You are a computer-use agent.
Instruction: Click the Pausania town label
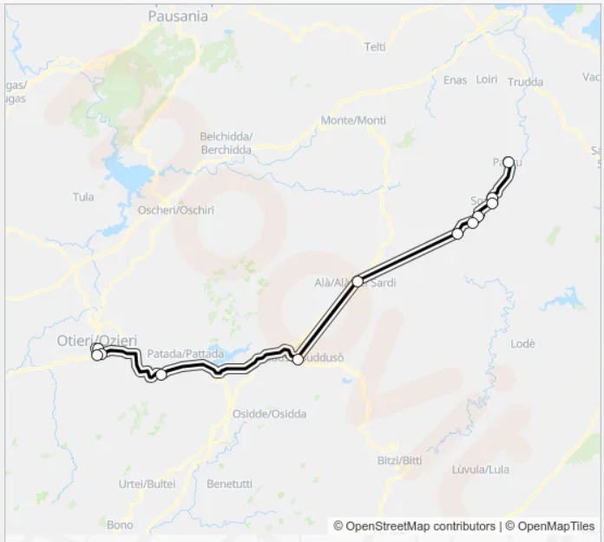(x=178, y=16)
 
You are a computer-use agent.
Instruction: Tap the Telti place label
(x=375, y=47)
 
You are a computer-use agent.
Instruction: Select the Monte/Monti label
(x=353, y=120)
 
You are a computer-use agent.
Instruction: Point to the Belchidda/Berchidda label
(x=226, y=143)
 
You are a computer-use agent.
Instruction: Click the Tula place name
(x=83, y=197)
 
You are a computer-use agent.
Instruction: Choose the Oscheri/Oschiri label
(x=176, y=210)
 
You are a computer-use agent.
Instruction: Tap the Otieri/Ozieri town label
(x=96, y=340)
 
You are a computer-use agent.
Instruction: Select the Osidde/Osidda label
(x=269, y=414)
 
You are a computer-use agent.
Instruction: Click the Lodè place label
(x=523, y=343)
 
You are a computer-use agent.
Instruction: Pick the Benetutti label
(x=229, y=483)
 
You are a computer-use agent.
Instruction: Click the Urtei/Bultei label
(x=147, y=483)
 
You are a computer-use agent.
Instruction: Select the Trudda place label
(x=526, y=82)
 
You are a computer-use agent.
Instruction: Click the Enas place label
(x=455, y=80)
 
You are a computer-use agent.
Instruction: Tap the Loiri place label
(x=486, y=80)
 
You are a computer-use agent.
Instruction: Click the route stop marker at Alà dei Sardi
(x=358, y=281)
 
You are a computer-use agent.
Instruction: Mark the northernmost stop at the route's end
(x=509, y=162)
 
